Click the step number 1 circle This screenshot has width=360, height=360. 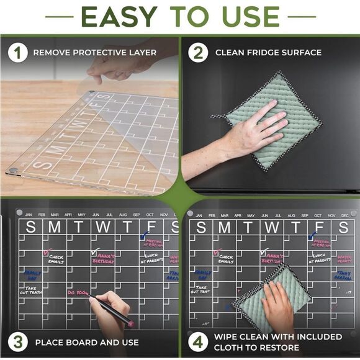point(18,53)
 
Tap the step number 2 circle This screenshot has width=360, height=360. point(198,53)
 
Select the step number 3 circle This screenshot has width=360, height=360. point(18,341)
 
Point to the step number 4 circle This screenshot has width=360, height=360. point(198,341)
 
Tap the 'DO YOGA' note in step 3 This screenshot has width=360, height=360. point(77,292)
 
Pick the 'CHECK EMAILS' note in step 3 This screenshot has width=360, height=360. point(56,259)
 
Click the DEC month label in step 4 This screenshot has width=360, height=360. point(344,215)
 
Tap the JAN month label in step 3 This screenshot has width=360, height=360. point(28,215)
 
